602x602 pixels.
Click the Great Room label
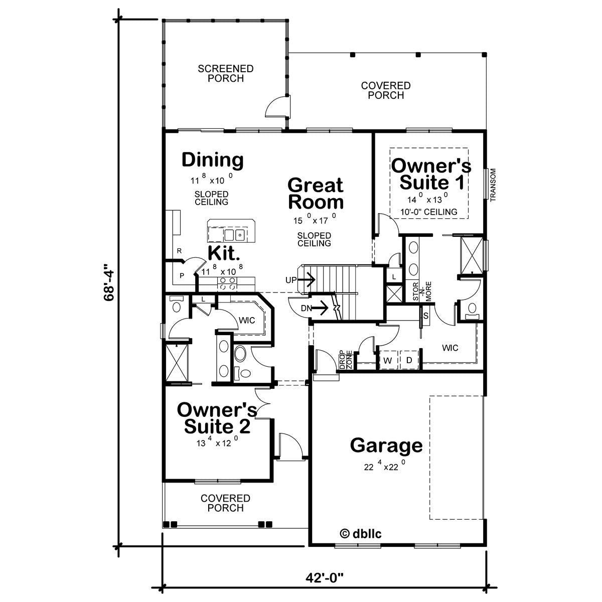[316, 193]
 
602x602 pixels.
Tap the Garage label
[386, 445]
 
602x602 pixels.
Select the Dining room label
[212, 160]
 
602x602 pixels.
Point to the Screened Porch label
[225, 73]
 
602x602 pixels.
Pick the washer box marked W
[388, 360]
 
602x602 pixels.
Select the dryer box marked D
[408, 360]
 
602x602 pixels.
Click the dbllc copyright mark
[361, 533]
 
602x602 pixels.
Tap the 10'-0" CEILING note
[429, 212]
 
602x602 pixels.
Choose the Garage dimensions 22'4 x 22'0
[385, 467]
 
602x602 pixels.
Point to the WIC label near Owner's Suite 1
[450, 348]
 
